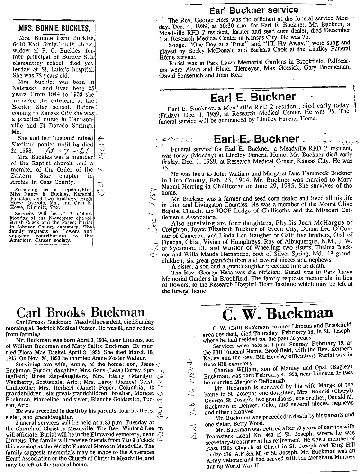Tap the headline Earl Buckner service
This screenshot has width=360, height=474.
[x=253, y=10]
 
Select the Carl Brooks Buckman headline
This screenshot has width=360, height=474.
[x=80, y=312]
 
